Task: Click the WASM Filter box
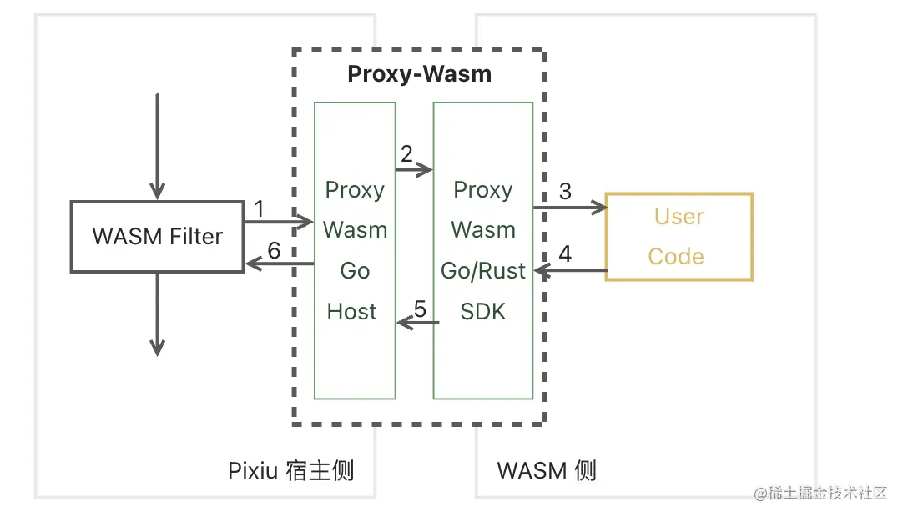click(157, 236)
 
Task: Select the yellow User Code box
click(679, 237)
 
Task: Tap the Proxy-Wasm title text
click(419, 74)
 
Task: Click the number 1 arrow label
click(259, 208)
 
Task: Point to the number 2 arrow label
click(406, 154)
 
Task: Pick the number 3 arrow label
click(565, 192)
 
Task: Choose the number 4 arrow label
click(565, 254)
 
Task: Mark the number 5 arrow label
click(420, 309)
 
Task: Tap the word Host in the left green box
click(352, 312)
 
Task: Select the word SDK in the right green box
click(483, 312)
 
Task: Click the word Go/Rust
click(483, 271)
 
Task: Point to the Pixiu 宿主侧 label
click(290, 470)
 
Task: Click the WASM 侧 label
click(547, 470)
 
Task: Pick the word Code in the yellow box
click(676, 257)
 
